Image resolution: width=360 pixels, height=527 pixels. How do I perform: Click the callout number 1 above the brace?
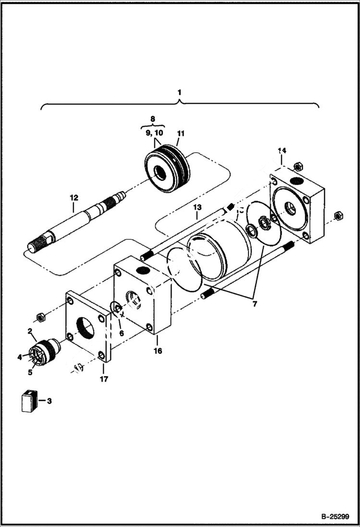(x=180, y=91)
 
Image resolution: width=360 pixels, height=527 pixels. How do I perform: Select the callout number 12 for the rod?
(x=73, y=197)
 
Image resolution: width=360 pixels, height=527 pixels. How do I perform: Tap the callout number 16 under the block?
(x=158, y=351)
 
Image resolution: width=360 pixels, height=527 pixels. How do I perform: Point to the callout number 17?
(x=104, y=379)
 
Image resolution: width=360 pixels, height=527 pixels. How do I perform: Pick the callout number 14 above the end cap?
(x=282, y=150)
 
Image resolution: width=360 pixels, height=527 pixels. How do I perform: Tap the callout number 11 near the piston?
(x=181, y=133)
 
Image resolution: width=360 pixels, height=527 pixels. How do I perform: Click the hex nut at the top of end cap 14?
(x=297, y=166)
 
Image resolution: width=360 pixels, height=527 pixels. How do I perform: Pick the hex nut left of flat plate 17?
(x=41, y=317)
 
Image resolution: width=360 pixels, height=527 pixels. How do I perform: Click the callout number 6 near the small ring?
(x=121, y=332)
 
